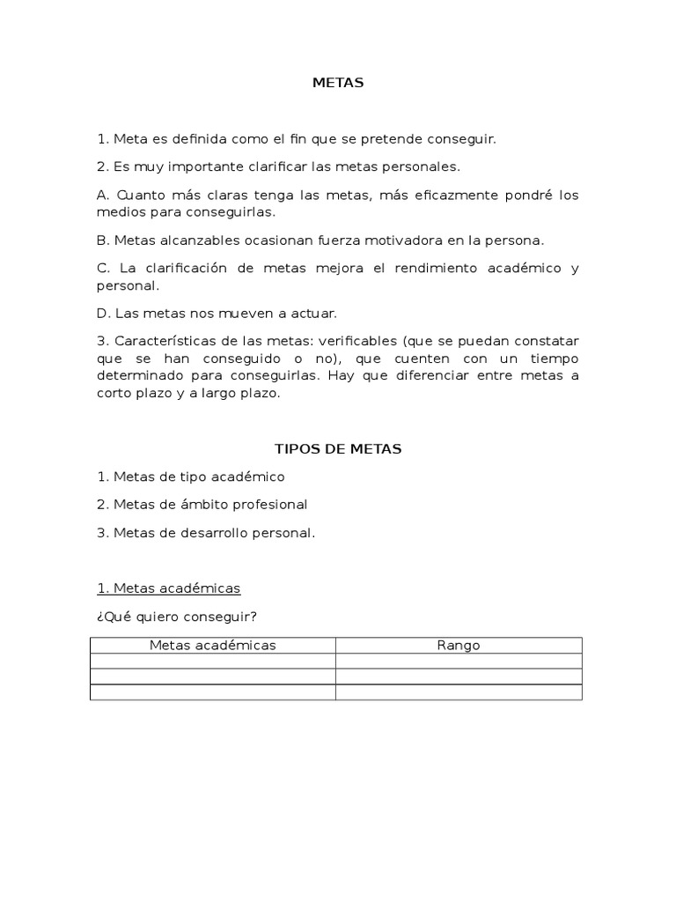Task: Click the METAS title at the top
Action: (338, 83)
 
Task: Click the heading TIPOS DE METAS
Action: (338, 448)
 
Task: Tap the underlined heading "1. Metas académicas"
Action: (168, 588)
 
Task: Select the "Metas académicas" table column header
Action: (212, 646)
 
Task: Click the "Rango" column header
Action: (459, 646)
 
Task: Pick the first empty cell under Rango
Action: (459, 662)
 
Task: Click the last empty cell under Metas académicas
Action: (212, 692)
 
